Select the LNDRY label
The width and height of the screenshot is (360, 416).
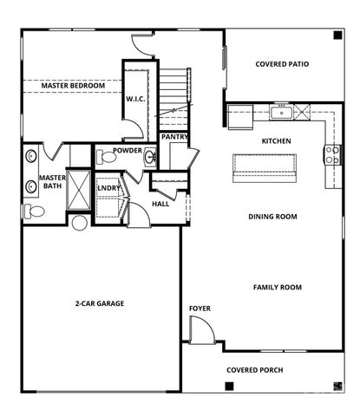109,186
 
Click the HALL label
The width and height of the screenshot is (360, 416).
160,205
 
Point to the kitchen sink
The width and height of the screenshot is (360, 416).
280,112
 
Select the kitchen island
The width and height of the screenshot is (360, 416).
265,167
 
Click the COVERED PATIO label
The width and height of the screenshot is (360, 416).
282,64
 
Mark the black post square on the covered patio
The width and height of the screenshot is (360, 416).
337,36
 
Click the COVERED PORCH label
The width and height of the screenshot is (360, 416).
254,370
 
